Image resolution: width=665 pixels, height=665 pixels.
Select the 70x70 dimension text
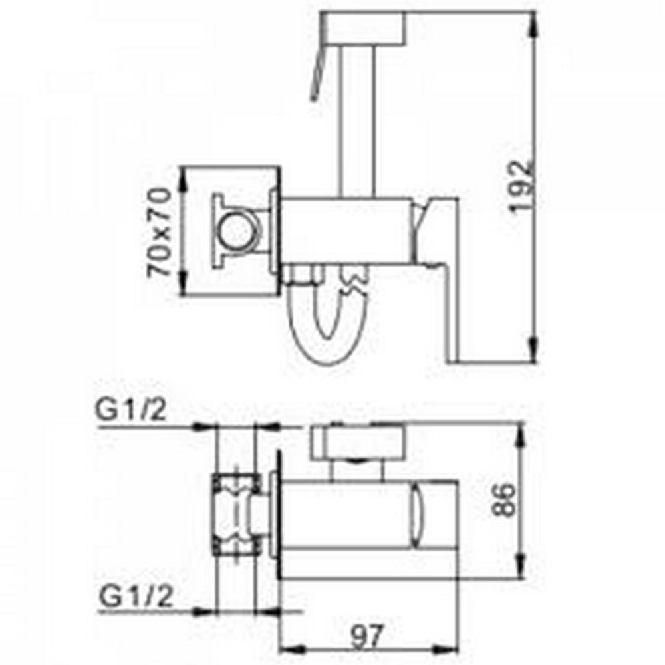[160, 232]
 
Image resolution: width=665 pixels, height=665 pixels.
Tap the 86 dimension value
[504, 499]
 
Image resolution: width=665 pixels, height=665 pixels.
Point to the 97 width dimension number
[366, 636]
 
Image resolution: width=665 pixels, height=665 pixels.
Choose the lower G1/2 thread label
[136, 597]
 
